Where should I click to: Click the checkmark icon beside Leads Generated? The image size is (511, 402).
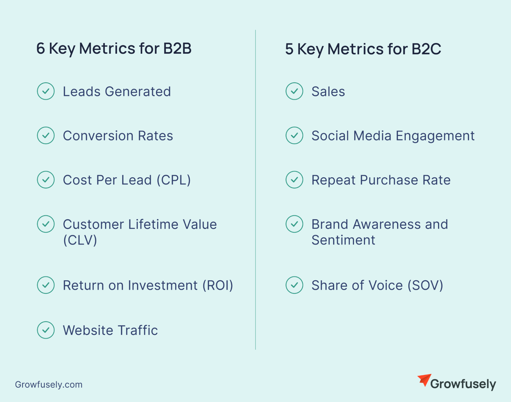46,91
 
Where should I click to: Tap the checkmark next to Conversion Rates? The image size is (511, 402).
46,135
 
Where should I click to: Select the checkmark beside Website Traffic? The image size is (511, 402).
46,330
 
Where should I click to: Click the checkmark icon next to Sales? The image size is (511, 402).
294,91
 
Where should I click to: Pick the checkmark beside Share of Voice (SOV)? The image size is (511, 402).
294,285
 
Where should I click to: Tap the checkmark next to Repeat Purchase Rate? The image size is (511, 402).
294,180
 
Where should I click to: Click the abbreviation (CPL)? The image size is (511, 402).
174,180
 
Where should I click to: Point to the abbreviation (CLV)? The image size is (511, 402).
80,240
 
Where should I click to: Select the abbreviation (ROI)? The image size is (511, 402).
218,285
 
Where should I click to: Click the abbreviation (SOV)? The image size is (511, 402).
425,285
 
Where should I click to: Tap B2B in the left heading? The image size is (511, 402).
177,48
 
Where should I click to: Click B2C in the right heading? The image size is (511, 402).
426,49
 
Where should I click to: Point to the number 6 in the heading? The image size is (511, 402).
41,48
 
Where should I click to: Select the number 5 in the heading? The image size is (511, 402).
289,49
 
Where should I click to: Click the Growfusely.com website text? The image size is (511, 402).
49,385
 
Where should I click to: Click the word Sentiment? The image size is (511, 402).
343,240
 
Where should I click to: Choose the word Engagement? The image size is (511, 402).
435,136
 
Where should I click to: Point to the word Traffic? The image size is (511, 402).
138,330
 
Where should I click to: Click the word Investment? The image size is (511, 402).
163,285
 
